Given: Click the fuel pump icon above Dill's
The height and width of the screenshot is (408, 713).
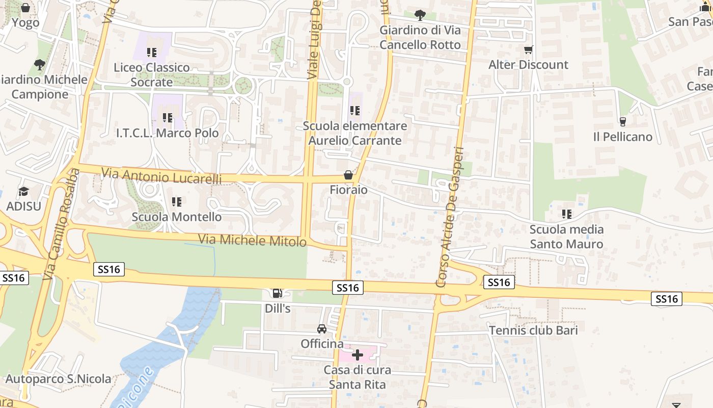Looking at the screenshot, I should (277, 293).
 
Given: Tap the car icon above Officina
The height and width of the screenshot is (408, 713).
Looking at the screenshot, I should (322, 328).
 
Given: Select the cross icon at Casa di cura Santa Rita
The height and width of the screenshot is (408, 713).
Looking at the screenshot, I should (358, 354).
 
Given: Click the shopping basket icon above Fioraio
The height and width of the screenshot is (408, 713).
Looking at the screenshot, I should (348, 175).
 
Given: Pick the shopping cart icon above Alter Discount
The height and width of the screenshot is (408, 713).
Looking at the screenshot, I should (528, 49).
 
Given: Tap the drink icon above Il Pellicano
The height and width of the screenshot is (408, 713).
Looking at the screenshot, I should (622, 121).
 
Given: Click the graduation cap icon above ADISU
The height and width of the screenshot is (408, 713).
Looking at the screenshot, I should (23, 191).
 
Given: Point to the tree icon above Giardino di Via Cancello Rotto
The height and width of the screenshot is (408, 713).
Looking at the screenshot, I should (420, 15).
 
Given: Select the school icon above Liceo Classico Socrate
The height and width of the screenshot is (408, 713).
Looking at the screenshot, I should (151, 52).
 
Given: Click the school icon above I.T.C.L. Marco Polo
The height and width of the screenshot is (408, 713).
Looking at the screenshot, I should (168, 118).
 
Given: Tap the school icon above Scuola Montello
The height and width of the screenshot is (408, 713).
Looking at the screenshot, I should (177, 202).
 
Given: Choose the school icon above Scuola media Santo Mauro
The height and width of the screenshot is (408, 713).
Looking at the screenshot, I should (566, 214).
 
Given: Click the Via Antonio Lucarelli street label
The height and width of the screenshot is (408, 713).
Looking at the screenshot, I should (161, 176).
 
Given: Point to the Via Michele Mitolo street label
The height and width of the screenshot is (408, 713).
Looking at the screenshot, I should (252, 240).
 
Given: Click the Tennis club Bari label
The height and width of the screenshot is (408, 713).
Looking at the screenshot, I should (533, 330).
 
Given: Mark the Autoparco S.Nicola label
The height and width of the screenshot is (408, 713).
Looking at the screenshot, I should (58, 379).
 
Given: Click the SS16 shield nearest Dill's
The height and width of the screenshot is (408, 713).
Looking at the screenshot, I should (348, 288).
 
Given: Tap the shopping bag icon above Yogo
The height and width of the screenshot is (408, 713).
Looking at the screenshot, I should (25, 8).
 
